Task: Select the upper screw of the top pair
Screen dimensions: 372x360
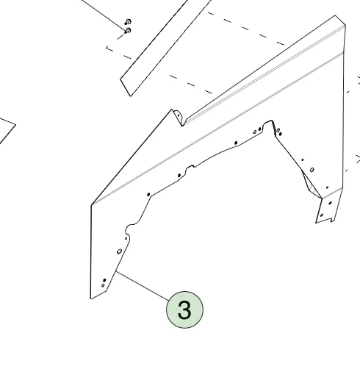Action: coord(128,21)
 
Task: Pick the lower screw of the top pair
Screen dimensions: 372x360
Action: coord(129,30)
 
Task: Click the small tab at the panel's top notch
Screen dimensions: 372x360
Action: coord(178,115)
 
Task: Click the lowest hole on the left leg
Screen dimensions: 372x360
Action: coord(102,285)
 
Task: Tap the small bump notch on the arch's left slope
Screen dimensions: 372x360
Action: coord(189,170)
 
